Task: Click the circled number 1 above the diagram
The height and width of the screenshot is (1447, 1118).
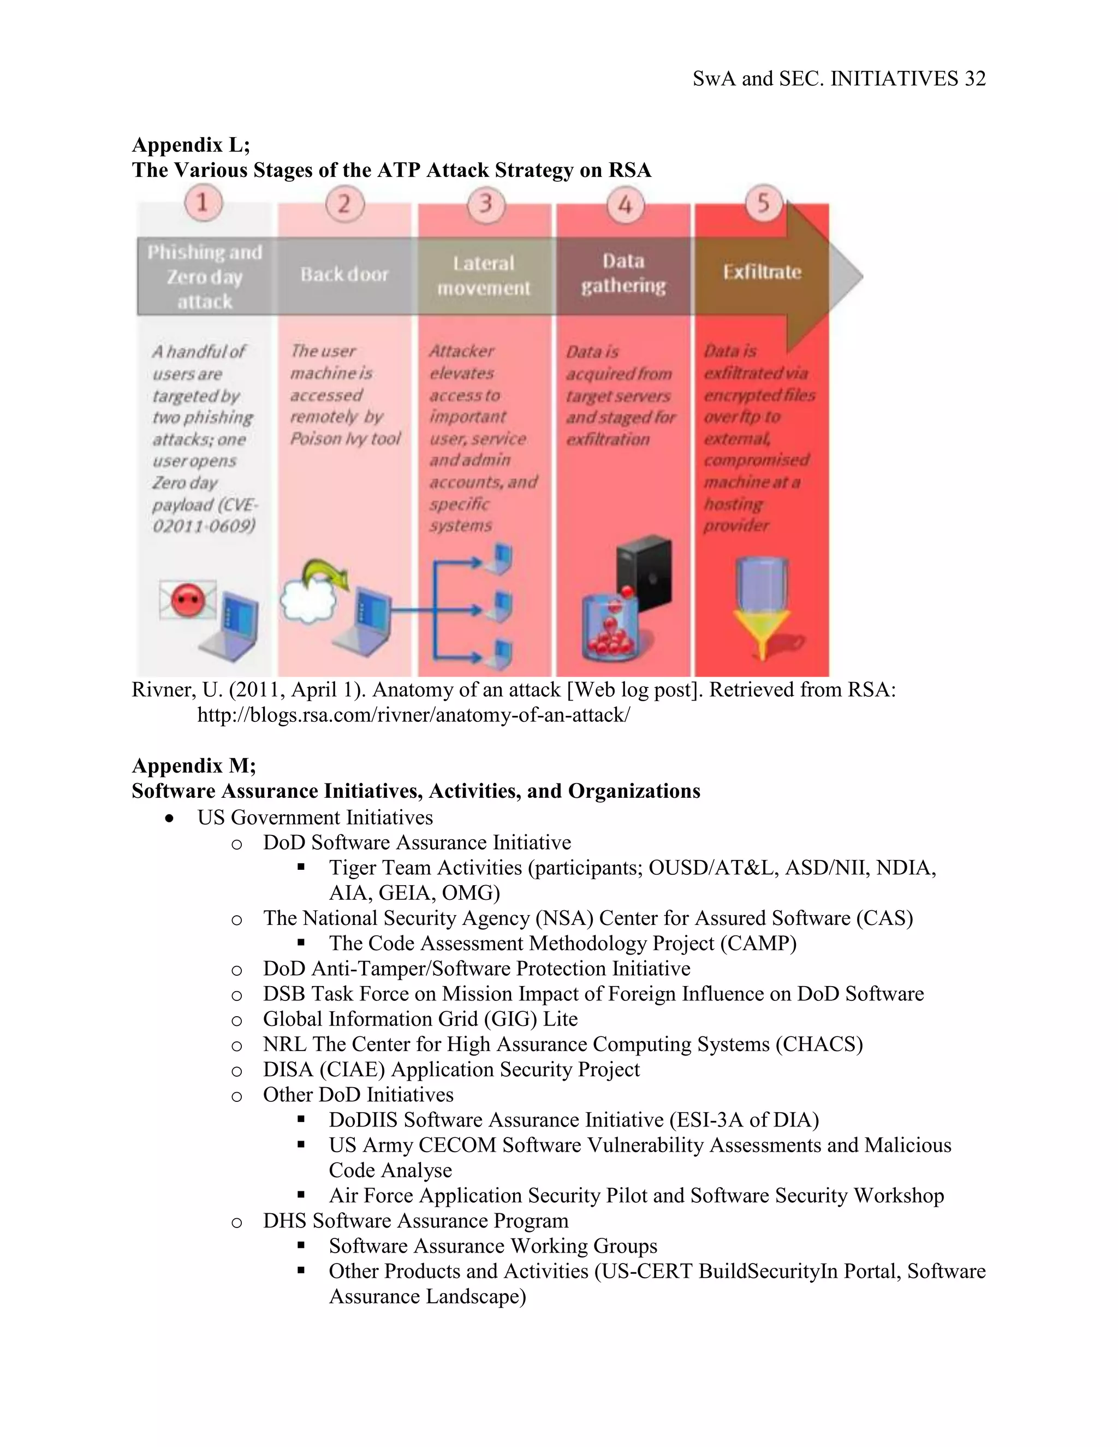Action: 203,202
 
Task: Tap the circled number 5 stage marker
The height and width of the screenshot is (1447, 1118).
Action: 763,202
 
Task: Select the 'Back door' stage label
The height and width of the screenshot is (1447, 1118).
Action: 344,274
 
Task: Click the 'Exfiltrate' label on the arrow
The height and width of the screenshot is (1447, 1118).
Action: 762,272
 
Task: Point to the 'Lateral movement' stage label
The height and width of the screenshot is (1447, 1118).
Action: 484,276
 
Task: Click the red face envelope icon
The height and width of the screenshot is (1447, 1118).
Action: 188,599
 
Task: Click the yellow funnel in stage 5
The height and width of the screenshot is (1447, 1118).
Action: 762,633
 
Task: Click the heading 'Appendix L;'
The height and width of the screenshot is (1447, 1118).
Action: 191,145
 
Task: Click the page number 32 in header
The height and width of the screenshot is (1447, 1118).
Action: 975,79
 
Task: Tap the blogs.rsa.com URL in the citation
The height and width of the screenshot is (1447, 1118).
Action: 413,715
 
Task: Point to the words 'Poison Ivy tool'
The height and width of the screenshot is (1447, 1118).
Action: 345,438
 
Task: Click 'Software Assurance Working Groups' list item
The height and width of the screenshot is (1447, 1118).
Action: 493,1246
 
